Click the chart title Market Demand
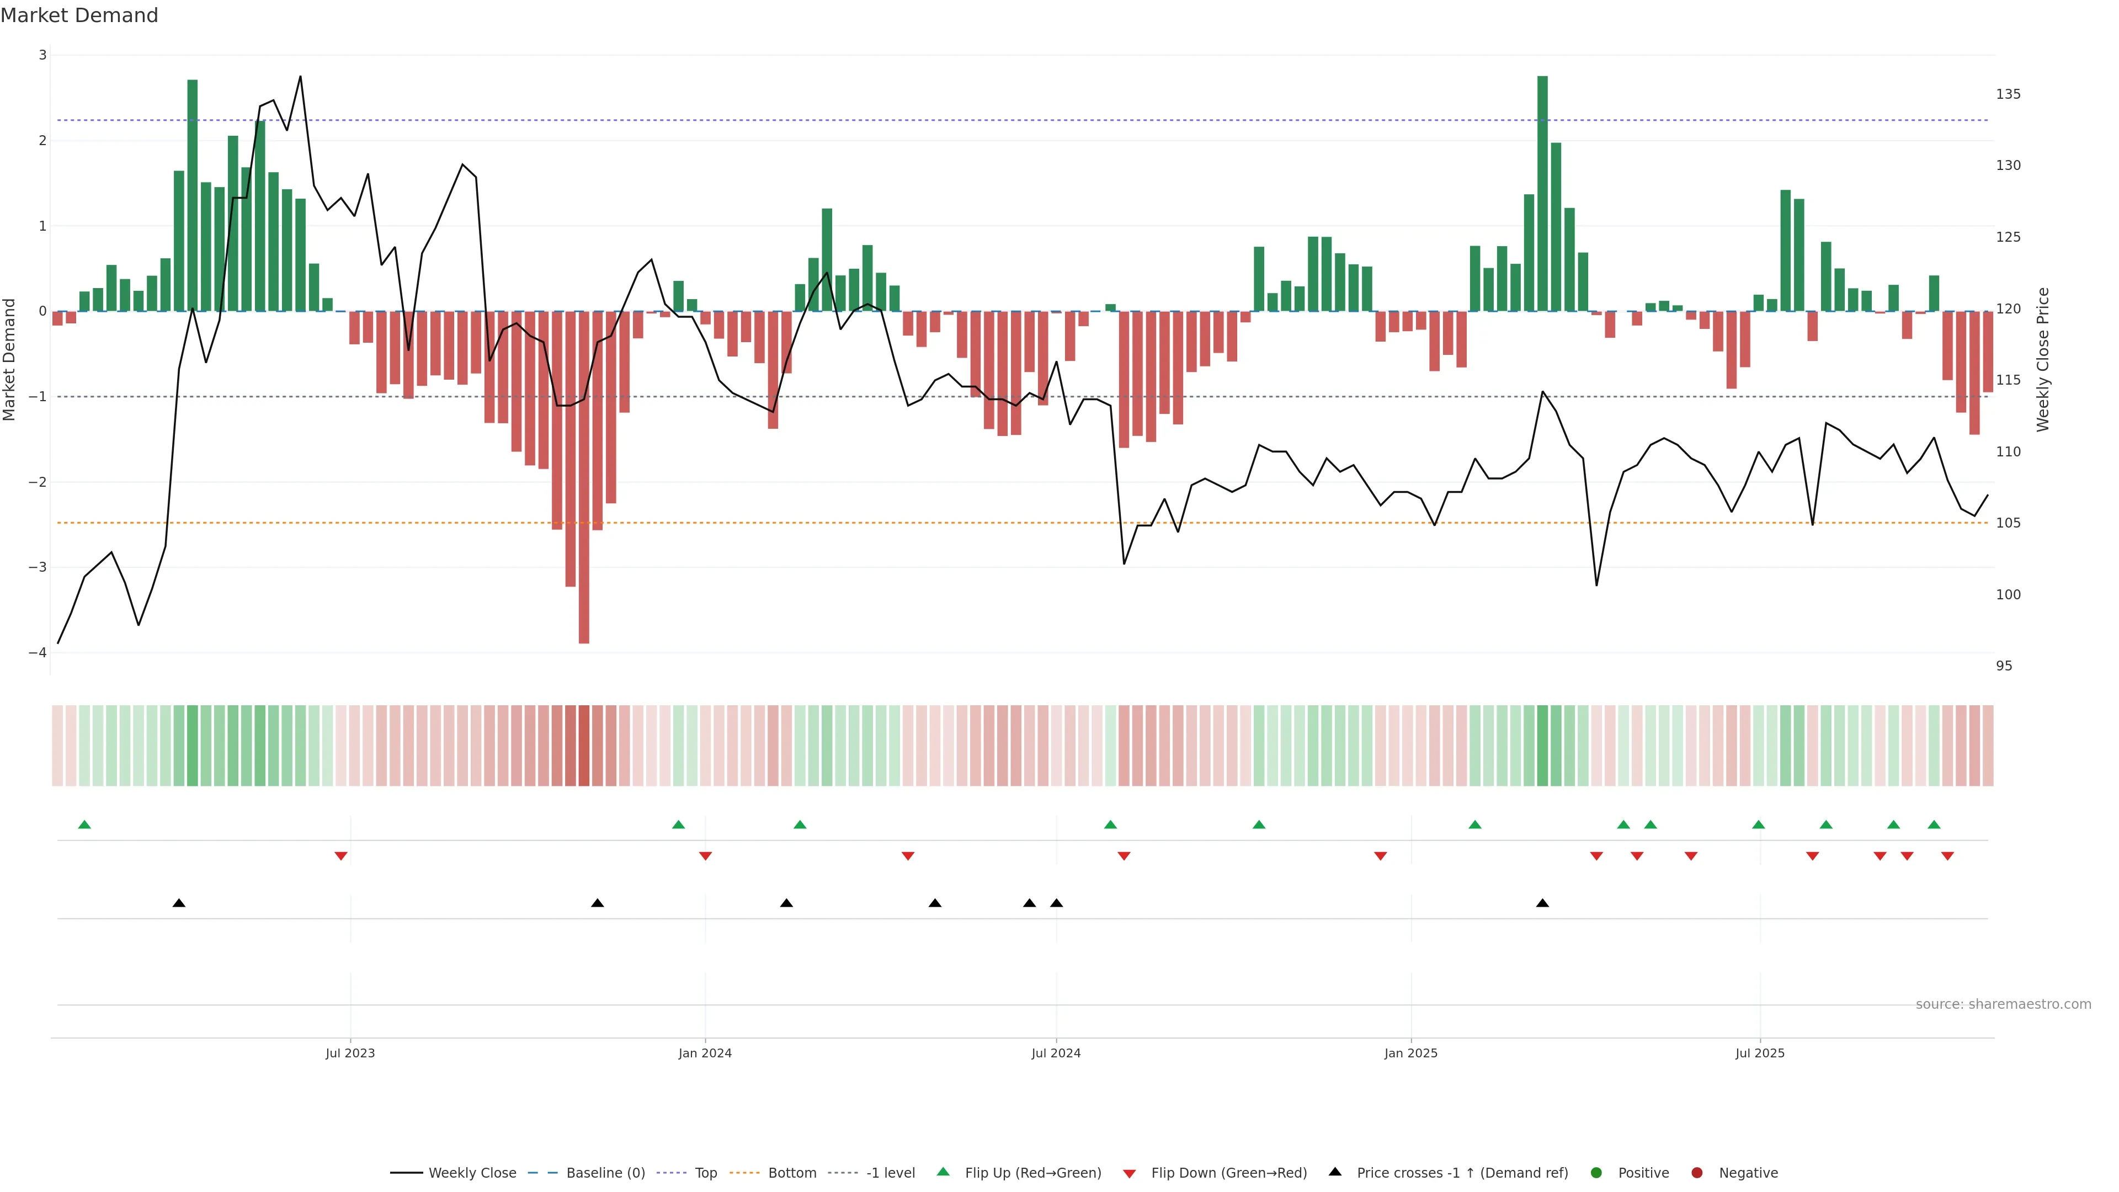click(79, 15)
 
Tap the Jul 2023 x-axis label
click(350, 1053)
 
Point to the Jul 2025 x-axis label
click(1760, 1053)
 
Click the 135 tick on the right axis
click(2008, 94)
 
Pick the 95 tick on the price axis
click(2004, 666)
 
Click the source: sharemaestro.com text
click(2003, 1004)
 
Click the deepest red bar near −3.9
click(584, 477)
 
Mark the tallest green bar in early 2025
click(1542, 193)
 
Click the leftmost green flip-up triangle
click(84, 824)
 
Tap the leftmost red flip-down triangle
click(340, 856)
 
